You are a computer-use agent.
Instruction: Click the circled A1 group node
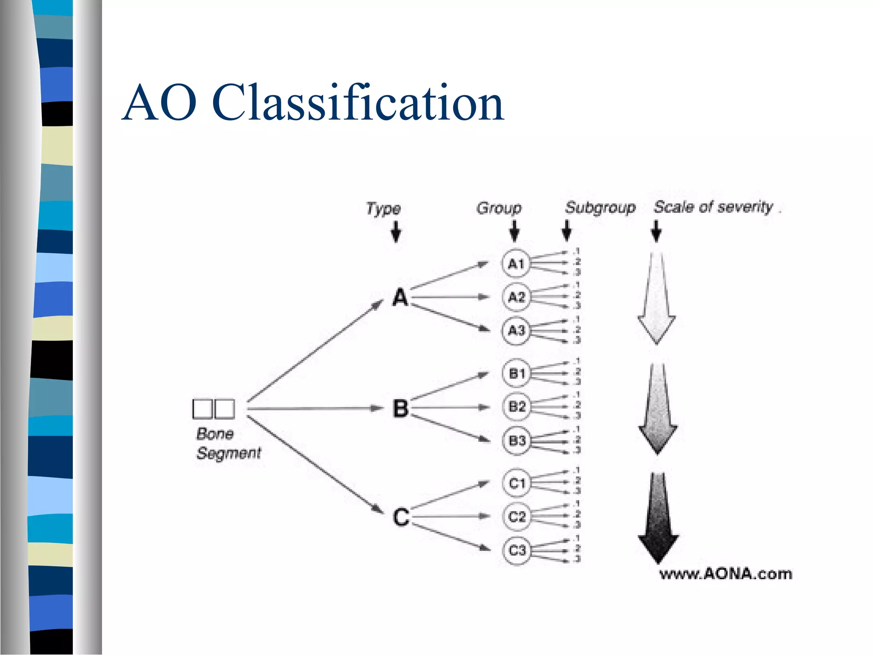coord(516,264)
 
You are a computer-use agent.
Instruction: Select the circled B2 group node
coord(517,406)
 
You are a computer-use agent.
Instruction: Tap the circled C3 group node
coord(517,550)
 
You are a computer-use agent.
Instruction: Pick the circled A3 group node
coord(516,330)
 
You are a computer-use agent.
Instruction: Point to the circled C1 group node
coord(517,483)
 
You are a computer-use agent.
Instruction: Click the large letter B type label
coord(400,408)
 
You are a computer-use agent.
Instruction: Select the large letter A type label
coord(400,297)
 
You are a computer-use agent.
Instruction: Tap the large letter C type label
coord(401,517)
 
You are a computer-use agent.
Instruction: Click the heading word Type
coord(383,209)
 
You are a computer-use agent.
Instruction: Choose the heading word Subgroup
coord(600,208)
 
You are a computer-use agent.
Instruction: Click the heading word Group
coord(499,208)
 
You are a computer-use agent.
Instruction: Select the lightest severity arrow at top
coord(656,299)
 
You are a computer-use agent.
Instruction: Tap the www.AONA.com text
coord(726,574)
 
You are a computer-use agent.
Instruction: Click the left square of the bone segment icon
coord(202,409)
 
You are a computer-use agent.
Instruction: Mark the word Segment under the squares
coord(228,453)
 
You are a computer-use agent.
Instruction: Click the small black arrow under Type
coord(396,232)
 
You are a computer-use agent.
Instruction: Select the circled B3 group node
coord(517,440)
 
